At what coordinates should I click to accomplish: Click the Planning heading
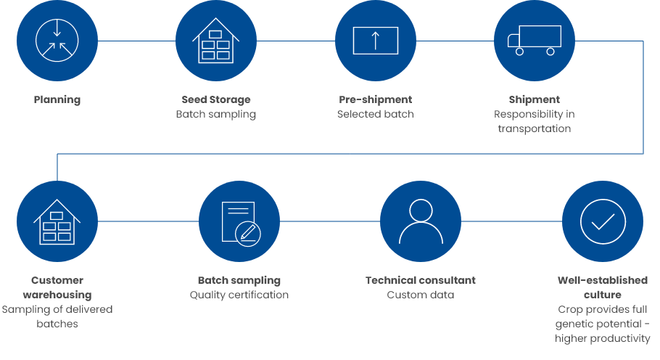[x=57, y=99]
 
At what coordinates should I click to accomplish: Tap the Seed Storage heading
[x=216, y=99]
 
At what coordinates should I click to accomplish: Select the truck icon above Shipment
[x=534, y=41]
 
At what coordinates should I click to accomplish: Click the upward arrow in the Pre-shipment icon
[x=376, y=41]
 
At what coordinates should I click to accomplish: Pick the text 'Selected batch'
[x=376, y=114]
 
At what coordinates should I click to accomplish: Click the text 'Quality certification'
[x=239, y=295]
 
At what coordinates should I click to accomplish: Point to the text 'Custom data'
[x=421, y=295]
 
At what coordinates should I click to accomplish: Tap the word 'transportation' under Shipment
[x=534, y=129]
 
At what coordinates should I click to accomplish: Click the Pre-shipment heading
[x=376, y=99]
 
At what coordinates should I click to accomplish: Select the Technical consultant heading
[x=421, y=280]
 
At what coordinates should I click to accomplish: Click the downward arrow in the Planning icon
[x=57, y=28]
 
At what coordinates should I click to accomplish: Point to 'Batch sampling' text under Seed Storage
[x=216, y=115]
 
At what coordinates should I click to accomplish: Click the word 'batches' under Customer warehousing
[x=57, y=324]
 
